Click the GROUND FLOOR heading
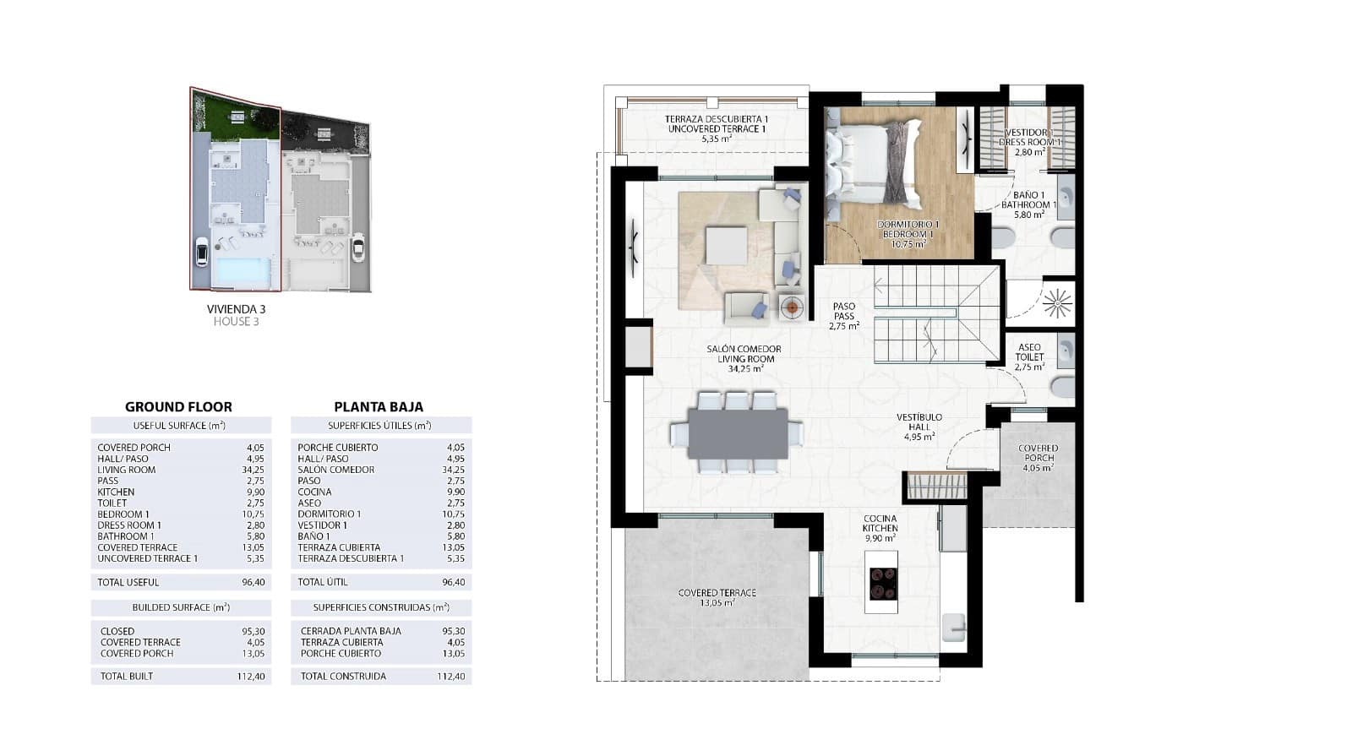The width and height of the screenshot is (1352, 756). pos(178,406)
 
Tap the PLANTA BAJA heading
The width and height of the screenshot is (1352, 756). pos(379,406)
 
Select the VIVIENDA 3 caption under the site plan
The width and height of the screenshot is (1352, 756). pos(236,309)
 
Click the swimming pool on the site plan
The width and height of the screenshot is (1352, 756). pos(243,273)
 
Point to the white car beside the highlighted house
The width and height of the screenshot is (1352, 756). pos(201,252)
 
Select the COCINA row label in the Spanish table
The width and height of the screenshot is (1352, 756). pos(314,492)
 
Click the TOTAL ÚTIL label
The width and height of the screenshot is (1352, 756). pos(323,582)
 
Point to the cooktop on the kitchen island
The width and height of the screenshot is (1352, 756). pos(882,580)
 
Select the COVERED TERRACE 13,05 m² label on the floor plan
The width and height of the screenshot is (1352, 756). pos(717,597)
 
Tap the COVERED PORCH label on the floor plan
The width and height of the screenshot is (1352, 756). pos(1038,457)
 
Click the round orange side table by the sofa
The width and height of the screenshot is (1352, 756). pos(792,307)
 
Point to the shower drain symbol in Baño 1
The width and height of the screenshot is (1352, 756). pos(1056,301)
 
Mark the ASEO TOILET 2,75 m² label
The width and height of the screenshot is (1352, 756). pos(1029,356)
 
